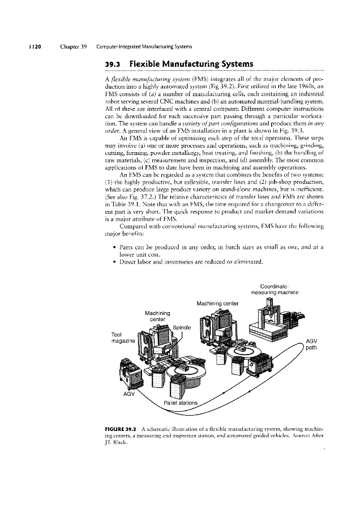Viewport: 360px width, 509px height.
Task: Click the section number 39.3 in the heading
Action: click(x=115, y=63)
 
